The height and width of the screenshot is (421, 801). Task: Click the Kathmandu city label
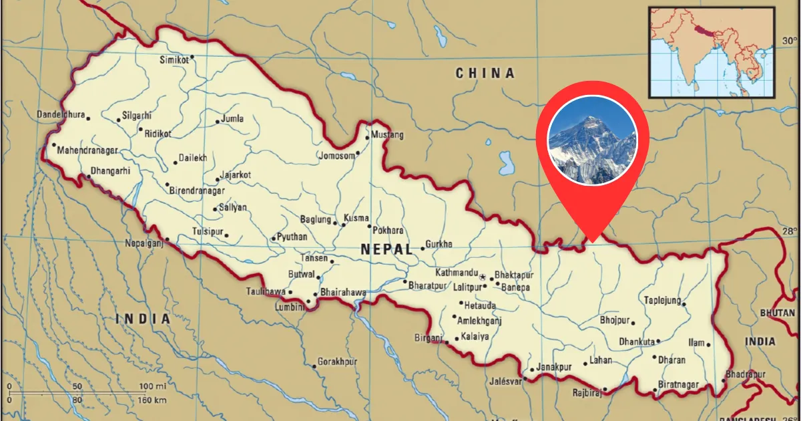457,273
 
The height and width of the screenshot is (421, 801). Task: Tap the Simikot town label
173,59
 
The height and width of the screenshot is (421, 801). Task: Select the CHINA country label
485,74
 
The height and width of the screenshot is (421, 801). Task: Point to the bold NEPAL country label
386,249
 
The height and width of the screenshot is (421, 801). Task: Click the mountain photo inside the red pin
592,141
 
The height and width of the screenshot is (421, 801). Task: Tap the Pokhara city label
388,231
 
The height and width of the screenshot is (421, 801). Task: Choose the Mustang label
387,135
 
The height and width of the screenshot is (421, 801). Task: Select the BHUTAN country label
778,313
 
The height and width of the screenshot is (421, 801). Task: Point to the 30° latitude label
790,41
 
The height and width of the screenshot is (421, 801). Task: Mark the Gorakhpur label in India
337,362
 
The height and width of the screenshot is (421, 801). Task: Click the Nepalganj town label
144,243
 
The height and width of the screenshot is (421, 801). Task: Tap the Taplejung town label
662,300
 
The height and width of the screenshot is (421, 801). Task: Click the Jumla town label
232,119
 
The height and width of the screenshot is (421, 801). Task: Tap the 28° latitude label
790,231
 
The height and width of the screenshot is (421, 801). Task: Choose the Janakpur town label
555,367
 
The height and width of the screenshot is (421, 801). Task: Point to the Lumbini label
290,307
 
